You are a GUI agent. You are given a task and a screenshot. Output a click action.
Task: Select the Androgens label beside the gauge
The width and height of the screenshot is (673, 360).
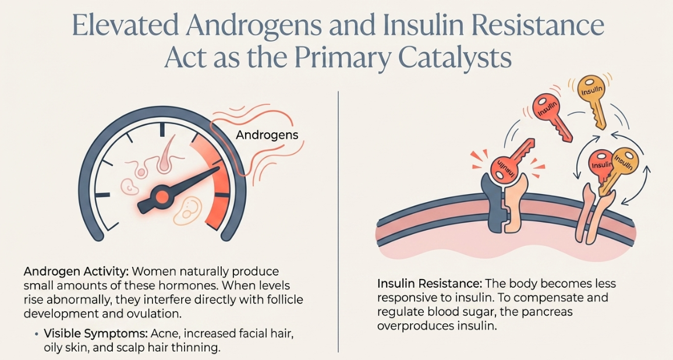pos(267,135)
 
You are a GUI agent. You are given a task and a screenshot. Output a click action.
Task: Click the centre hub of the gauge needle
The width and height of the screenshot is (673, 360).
pos(162,197)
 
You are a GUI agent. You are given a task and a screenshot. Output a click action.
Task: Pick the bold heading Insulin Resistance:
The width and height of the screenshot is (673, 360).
pos(428,284)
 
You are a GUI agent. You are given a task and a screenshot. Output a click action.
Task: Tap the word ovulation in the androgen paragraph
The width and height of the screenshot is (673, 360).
pos(157,313)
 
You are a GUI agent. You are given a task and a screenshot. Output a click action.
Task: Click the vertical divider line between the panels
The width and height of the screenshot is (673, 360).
pos(338,221)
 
